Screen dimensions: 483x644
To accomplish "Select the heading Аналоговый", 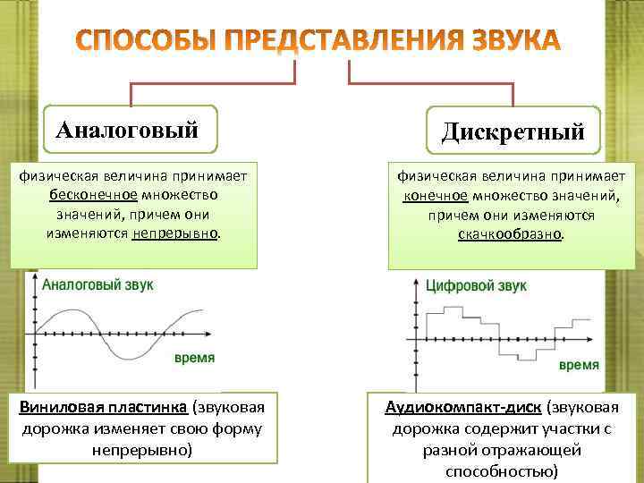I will [126, 131].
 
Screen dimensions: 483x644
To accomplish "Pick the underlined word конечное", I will [433, 196].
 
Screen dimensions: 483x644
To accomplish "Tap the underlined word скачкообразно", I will [511, 234].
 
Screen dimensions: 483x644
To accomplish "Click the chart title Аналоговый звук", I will [98, 284].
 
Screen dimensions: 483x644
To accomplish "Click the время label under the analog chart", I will [193, 358].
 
